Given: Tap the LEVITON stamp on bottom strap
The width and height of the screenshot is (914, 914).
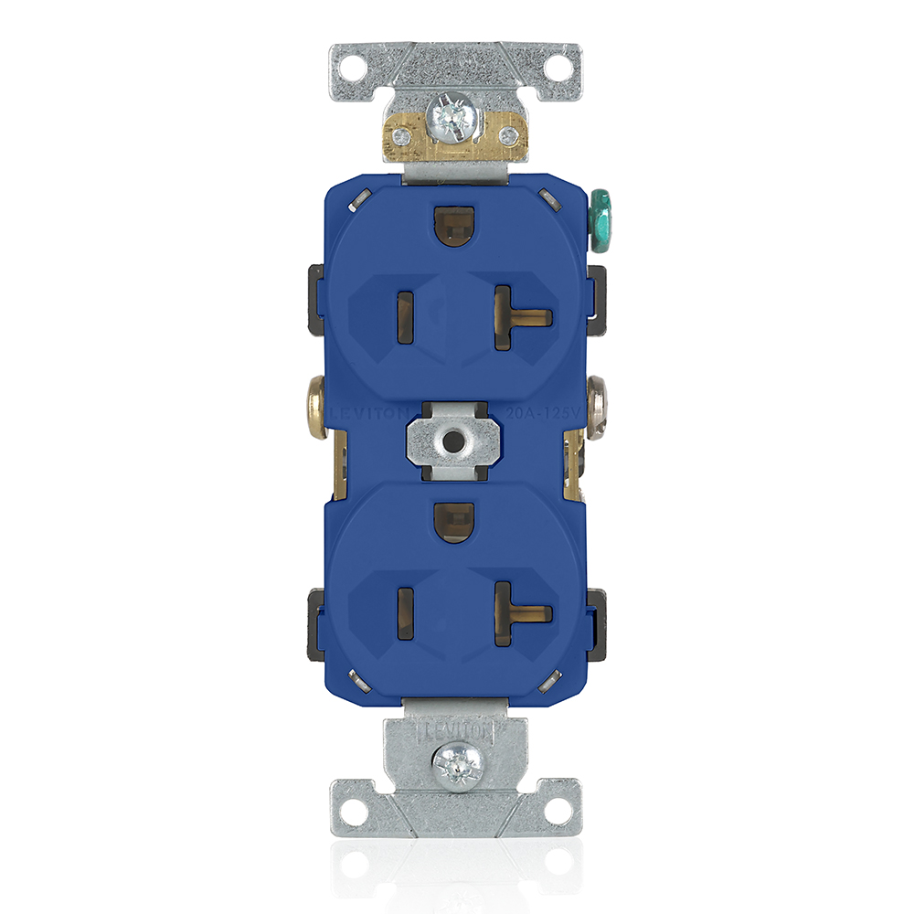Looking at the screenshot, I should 454,730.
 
